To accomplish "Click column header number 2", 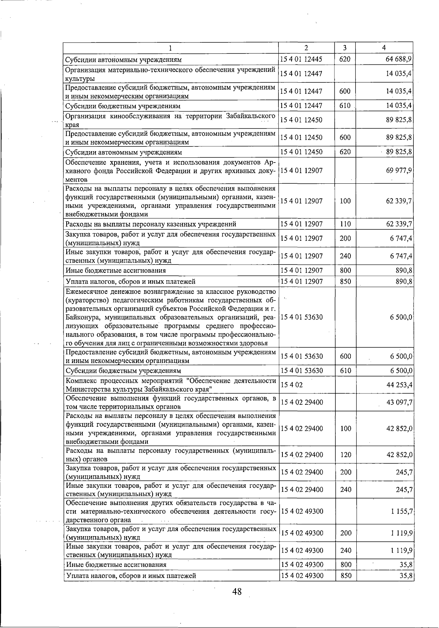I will pyautogui.click(x=306, y=48).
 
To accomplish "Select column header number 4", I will pyautogui.click(x=384, y=48).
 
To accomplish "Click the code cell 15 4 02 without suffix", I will pyautogui.click(x=292, y=385).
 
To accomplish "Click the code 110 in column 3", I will pyautogui.click(x=345, y=224).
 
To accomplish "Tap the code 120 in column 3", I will pyautogui.click(x=346, y=455).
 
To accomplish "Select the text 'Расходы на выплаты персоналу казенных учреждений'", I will pyautogui.click(x=151, y=224).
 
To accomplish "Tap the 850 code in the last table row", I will pyautogui.click(x=346, y=576).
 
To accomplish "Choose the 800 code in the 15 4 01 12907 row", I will pyautogui.click(x=345, y=270).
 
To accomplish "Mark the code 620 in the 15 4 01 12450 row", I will pyautogui.click(x=345, y=152).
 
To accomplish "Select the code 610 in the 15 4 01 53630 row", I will pyautogui.click(x=345, y=371).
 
